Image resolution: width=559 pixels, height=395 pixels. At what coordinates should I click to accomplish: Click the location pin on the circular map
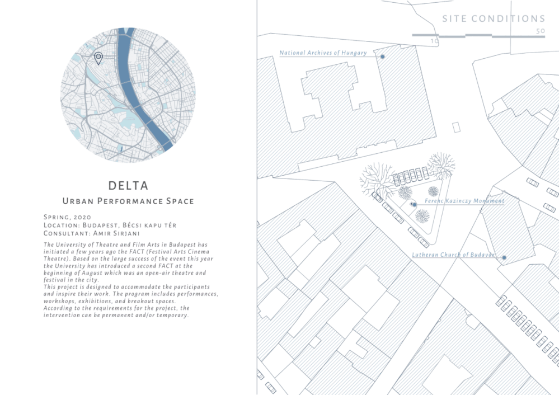(98, 58)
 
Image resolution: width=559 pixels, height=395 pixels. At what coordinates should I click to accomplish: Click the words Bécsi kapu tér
(151, 224)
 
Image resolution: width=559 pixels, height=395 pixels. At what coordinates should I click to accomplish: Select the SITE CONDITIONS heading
(493, 19)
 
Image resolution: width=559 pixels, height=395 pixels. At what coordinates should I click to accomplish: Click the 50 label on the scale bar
(540, 31)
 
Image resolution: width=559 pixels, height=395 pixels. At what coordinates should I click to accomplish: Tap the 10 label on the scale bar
(435, 41)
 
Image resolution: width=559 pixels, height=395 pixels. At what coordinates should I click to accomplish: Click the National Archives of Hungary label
(323, 53)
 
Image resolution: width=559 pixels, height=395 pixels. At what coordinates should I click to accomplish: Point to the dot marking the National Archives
(382, 57)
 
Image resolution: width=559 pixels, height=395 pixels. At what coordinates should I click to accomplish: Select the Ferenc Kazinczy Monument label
(464, 201)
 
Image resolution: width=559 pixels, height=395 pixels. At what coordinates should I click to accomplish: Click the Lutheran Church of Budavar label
(453, 255)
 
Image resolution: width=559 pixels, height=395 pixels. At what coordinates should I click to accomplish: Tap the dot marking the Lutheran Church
(504, 257)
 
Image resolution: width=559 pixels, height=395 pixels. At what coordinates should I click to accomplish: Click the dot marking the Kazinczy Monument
(414, 205)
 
